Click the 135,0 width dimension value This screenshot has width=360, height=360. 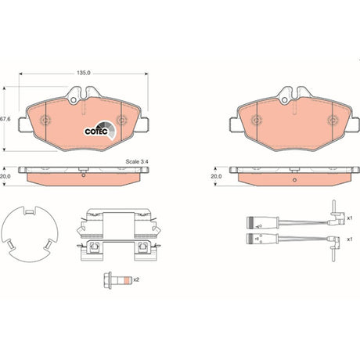83,73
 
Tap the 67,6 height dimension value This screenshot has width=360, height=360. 5,119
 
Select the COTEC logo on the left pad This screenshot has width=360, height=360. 100,131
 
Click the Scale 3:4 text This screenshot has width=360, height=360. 137,161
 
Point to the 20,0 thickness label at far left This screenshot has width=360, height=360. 5,177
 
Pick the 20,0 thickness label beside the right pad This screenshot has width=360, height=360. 216,177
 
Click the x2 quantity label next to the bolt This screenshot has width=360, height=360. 136,279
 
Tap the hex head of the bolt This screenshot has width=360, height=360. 108,279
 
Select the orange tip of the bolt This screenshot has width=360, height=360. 127,279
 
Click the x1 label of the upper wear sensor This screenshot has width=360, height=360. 350,218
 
